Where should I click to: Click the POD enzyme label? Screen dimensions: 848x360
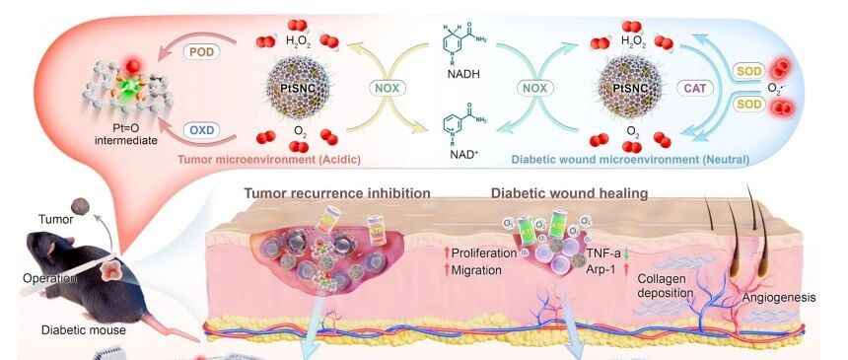tap(201, 52)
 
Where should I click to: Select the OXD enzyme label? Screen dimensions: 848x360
tap(201, 130)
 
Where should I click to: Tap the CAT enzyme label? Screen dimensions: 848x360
tap(695, 88)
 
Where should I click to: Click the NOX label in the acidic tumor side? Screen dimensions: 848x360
tap(388, 88)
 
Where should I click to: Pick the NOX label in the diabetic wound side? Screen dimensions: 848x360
tap(534, 88)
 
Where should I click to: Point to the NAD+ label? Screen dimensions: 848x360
tap(462, 154)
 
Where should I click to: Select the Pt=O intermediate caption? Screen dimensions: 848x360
tap(126, 135)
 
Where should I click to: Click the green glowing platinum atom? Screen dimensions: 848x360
tap(130, 86)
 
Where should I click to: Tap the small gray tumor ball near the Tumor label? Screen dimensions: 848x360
tap(80, 206)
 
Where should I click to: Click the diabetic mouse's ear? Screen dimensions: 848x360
tap(50, 249)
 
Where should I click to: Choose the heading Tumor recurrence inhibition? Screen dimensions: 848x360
tap(337, 193)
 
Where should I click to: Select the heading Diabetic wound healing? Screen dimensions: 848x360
tap(569, 193)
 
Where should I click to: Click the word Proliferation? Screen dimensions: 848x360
tap(484, 252)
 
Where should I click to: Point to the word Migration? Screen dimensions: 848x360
tap(476, 269)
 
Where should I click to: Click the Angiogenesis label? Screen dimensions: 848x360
tap(779, 298)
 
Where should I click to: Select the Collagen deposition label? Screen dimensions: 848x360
tap(666, 286)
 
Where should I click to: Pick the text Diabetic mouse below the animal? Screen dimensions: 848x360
tap(84, 329)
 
